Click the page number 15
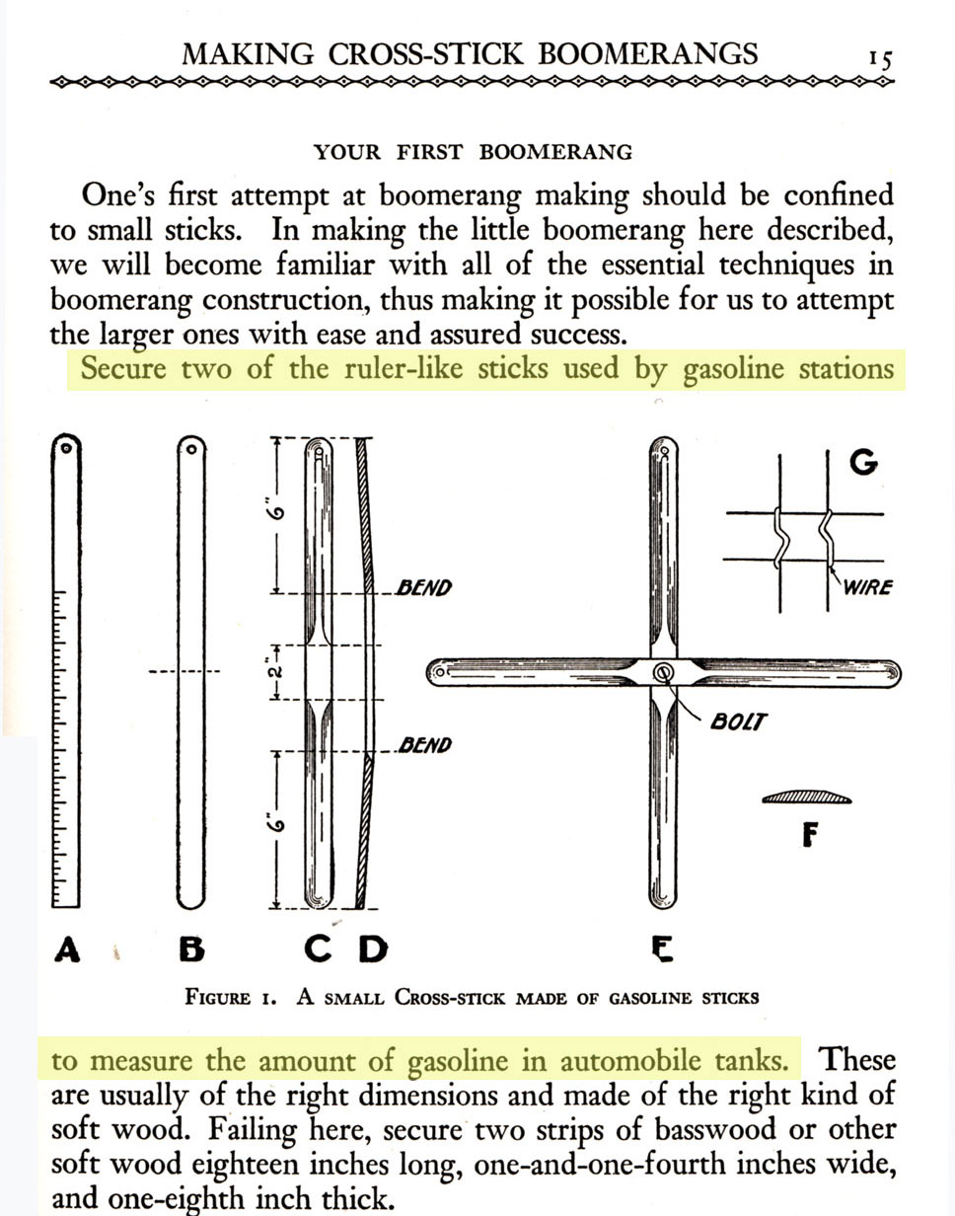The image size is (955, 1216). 880,58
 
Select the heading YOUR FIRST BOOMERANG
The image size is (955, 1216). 473,152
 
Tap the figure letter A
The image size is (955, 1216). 66,950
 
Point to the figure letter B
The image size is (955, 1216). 191,950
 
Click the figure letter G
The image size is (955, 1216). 862,462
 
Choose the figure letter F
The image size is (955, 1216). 810,836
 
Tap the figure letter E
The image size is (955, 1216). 662,950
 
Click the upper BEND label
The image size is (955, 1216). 423,588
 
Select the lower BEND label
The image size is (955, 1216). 423,745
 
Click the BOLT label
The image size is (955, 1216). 736,722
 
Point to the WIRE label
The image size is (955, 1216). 868,587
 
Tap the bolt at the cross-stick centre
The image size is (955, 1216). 663,672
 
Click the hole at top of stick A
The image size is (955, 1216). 65,447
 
